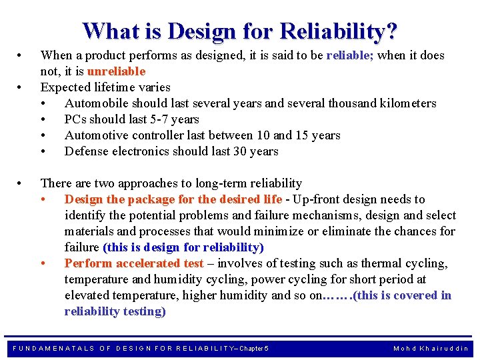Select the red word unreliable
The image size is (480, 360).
116,71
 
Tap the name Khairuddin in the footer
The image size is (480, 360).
445,348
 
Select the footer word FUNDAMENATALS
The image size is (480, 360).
53,348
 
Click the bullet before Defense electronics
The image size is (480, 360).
43,151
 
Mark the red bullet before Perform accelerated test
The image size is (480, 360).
43,263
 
